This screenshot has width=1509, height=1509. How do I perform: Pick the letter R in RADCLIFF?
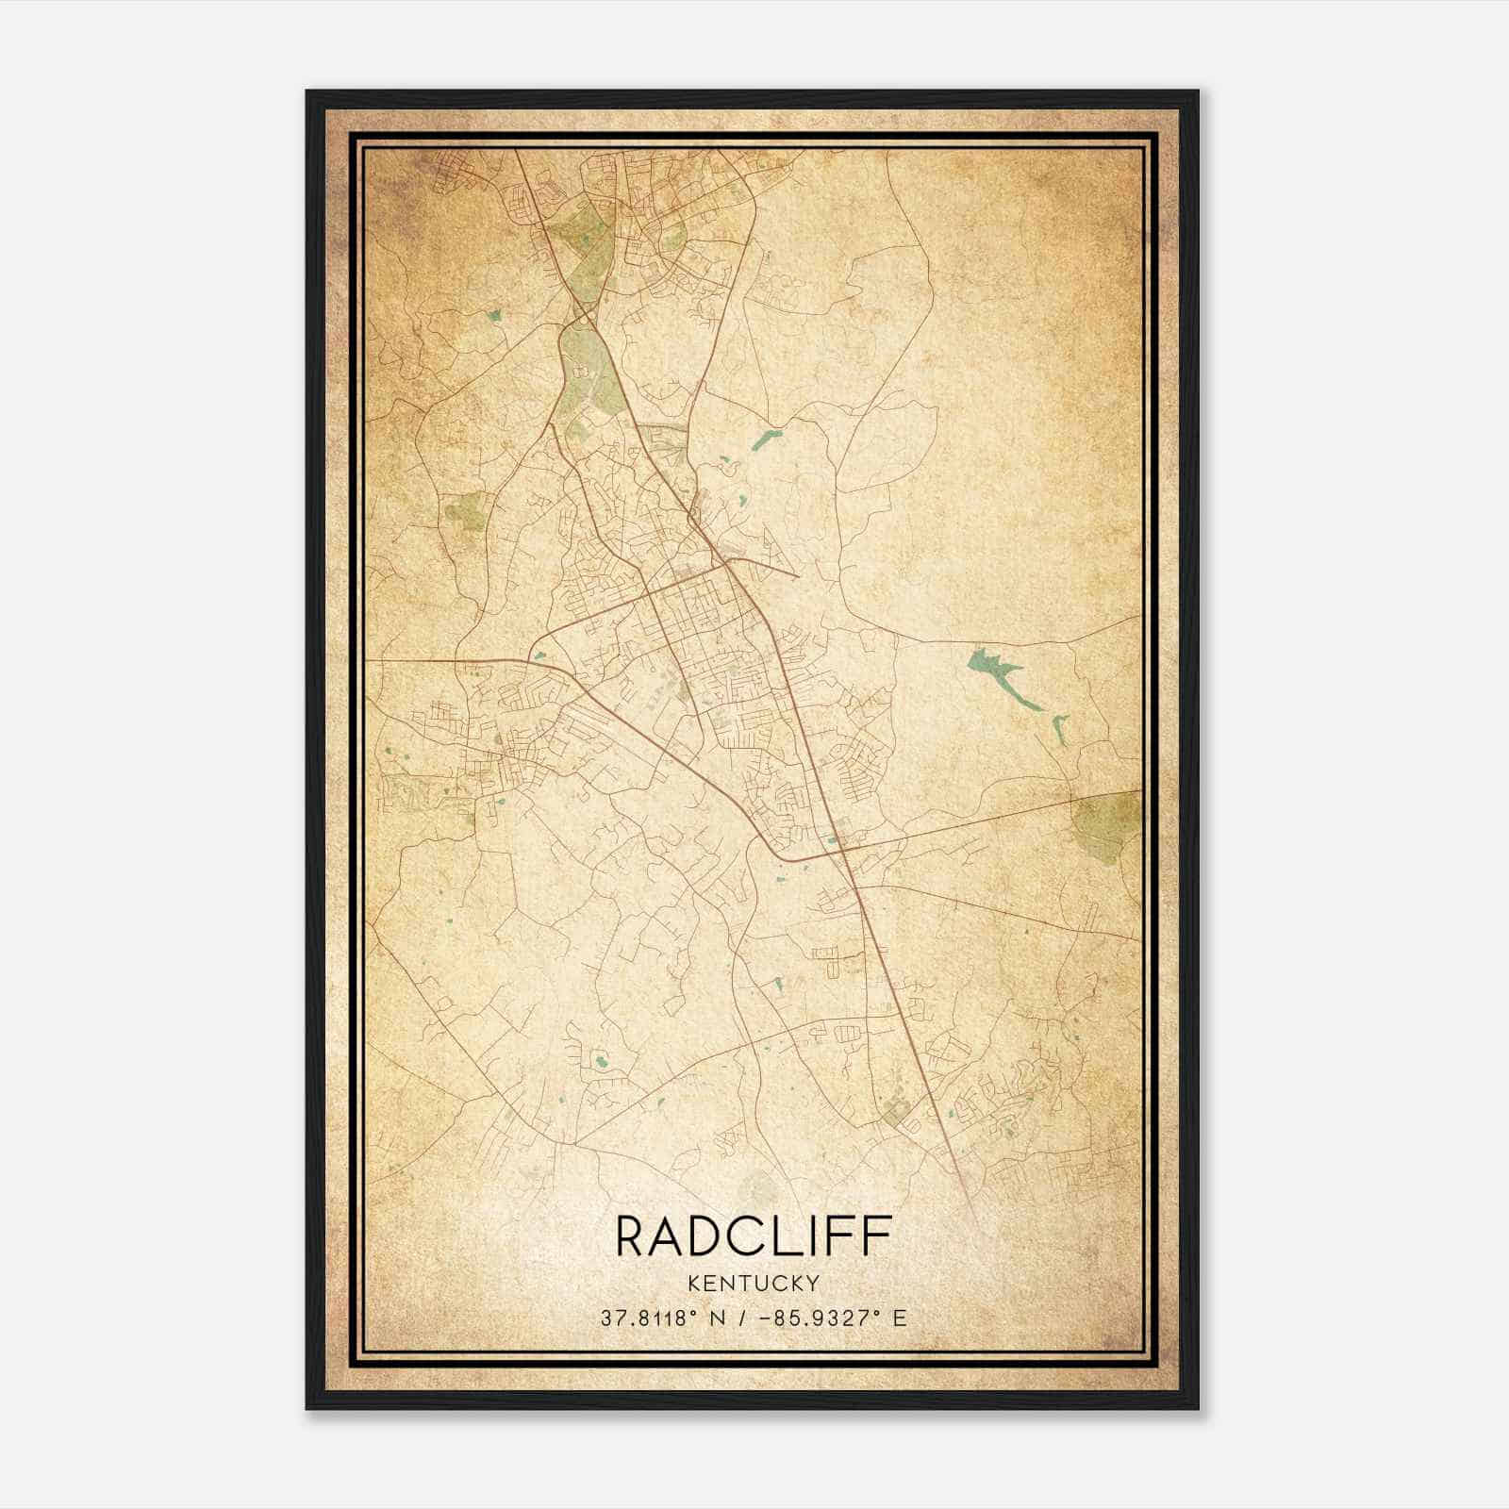click(x=632, y=1236)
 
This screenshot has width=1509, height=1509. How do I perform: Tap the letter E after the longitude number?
click(x=901, y=1318)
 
